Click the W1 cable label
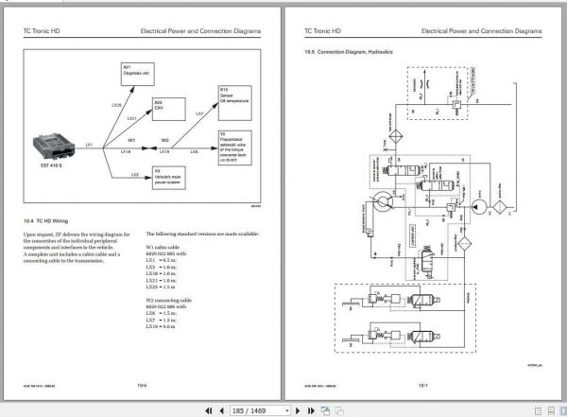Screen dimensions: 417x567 (x=132, y=140)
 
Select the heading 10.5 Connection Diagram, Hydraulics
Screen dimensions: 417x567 (x=348, y=51)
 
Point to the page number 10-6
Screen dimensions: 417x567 (x=142, y=385)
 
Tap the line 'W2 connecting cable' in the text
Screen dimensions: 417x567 (x=170, y=297)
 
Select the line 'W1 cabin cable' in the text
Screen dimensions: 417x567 (x=164, y=245)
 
